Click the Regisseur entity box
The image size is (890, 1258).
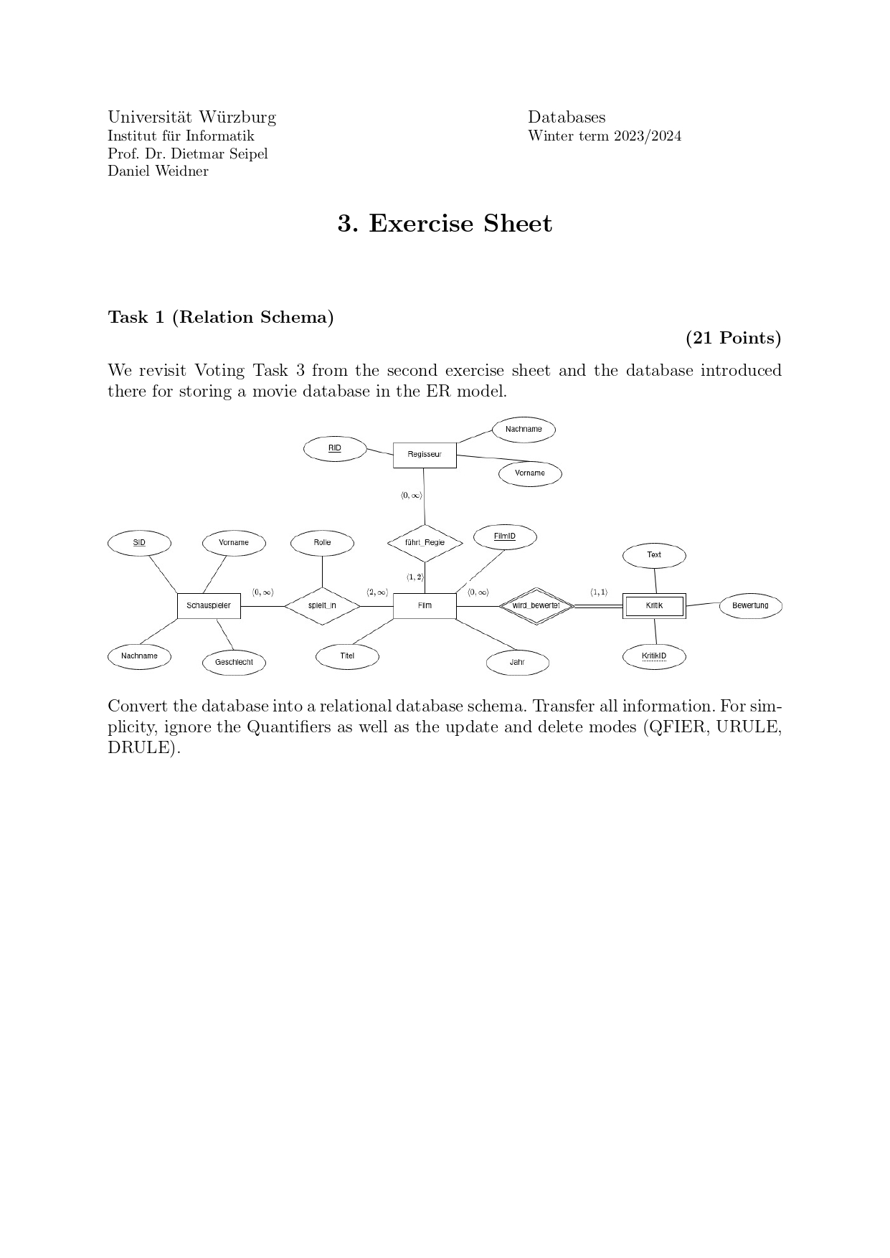[x=425, y=455]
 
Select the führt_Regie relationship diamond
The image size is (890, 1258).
[x=425, y=543]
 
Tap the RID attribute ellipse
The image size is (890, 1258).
[x=335, y=449]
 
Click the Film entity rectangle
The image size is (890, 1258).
[x=425, y=606]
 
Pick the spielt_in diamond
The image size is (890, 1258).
[x=322, y=606]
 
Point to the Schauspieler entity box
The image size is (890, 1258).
[x=209, y=606]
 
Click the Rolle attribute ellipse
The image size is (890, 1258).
[x=322, y=543]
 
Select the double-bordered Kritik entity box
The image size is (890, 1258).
[x=654, y=606]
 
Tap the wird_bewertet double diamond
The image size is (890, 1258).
[x=536, y=606]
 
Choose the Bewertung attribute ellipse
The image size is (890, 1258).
[x=750, y=606]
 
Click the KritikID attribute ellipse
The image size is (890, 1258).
[x=654, y=656]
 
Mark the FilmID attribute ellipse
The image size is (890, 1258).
[x=505, y=537]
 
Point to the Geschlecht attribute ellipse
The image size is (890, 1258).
[x=234, y=663]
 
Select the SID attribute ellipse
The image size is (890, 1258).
[x=139, y=543]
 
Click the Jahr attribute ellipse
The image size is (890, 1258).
[x=517, y=663]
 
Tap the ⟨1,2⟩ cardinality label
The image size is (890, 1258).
[x=415, y=577]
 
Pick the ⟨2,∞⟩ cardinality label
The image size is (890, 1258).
[x=377, y=592]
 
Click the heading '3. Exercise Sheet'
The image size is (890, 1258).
[x=445, y=224]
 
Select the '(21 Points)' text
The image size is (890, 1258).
[x=733, y=338]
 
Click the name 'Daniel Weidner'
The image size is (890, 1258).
[x=158, y=171]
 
